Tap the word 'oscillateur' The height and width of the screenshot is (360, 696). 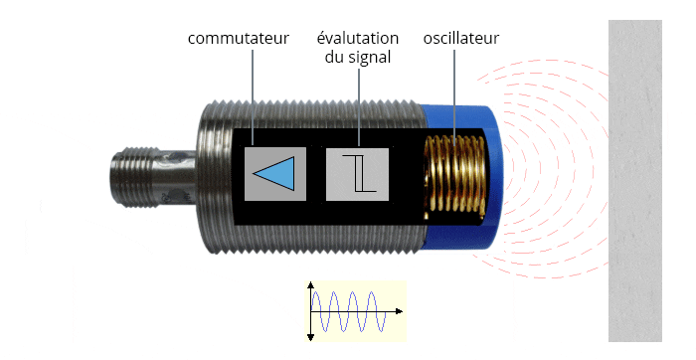(458, 39)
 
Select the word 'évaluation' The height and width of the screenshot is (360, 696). (358, 39)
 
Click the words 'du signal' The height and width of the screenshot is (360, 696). (358, 58)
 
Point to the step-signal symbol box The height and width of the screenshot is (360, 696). (357, 172)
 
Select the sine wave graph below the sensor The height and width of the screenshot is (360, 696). (354, 310)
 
